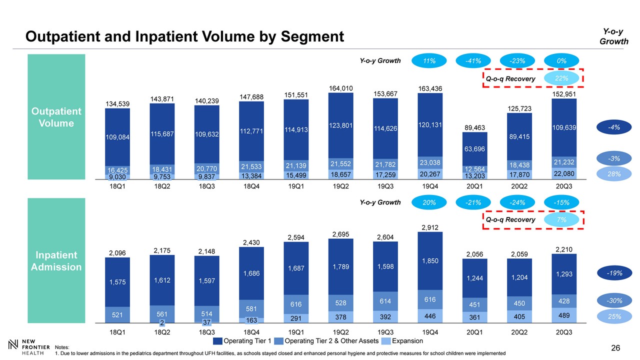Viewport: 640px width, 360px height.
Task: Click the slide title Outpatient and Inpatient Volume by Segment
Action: pos(185,36)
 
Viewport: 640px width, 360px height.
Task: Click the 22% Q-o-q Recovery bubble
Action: pos(561,78)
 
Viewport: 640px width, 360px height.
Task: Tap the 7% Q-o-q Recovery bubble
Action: pos(561,219)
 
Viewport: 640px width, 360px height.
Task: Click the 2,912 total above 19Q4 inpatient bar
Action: pos(431,227)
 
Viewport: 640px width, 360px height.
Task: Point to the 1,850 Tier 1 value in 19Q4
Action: pos(431,260)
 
